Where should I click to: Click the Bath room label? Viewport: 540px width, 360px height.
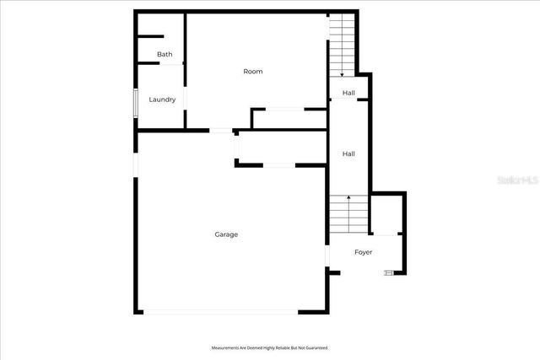[x=165, y=55]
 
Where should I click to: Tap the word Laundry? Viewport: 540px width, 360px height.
[x=162, y=99]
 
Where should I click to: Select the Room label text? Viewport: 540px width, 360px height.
[x=253, y=72]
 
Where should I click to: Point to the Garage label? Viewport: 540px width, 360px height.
[x=226, y=234]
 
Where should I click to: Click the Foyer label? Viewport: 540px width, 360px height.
[x=363, y=252]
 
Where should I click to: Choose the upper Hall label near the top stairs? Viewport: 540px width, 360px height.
[x=348, y=93]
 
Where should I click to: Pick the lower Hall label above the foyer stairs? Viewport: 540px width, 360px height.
[x=348, y=154]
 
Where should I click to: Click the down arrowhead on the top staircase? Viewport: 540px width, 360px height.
[x=342, y=75]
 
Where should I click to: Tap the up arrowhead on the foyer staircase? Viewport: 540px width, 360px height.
[x=348, y=197]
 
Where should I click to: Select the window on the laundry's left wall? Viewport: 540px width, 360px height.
[x=134, y=100]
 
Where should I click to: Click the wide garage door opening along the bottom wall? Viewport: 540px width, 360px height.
[x=224, y=312]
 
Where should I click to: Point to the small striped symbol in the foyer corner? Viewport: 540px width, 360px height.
[x=389, y=271]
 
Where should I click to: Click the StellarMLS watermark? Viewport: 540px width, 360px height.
[x=517, y=180]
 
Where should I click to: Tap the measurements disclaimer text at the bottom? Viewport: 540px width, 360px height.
[x=269, y=347]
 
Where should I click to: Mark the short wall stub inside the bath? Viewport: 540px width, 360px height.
[x=150, y=36]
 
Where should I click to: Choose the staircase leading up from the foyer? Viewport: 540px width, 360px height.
[x=348, y=215]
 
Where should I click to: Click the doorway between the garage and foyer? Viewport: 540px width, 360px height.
[x=327, y=255]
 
